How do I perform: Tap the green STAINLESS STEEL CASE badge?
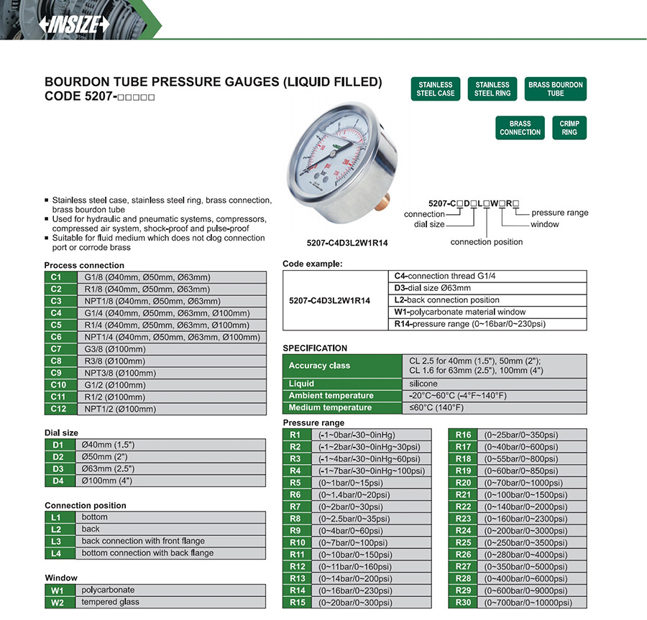(436, 89)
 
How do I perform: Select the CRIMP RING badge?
(569, 128)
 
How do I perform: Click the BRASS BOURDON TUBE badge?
(556, 89)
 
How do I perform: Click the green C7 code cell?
(57, 349)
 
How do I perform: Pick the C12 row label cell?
(57, 409)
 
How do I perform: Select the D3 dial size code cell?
(58, 469)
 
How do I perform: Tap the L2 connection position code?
(57, 529)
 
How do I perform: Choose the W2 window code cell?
(57, 602)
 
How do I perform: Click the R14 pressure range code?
(296, 591)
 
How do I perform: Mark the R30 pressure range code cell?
(463, 603)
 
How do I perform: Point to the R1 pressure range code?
(296, 435)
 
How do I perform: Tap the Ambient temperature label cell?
(341, 396)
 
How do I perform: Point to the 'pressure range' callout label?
(559, 213)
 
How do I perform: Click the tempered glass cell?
(110, 602)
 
